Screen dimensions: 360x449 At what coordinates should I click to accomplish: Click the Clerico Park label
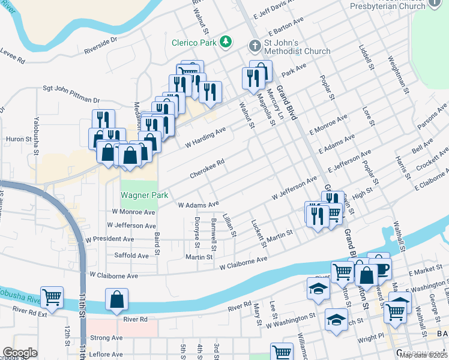point(193,42)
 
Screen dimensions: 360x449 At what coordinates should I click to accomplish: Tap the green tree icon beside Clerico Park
point(226,41)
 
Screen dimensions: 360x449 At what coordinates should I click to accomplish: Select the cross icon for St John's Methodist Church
point(255,46)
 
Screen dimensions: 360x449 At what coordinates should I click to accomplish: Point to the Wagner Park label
point(144,195)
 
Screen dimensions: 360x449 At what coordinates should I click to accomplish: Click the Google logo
point(20,353)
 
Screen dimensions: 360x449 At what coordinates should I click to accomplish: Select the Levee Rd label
point(12,61)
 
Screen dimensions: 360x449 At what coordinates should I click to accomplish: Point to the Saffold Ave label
point(131,256)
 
